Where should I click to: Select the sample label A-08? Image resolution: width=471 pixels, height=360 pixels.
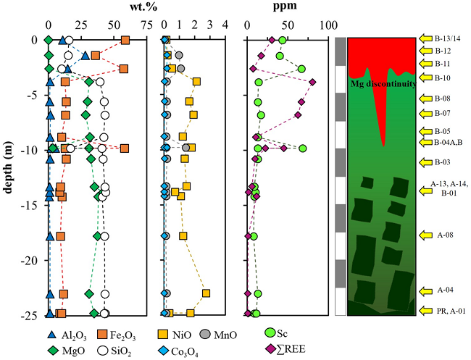click(443, 235)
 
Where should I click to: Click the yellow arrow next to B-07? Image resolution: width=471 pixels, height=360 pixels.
click(425, 114)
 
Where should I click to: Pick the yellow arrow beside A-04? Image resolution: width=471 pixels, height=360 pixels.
click(425, 291)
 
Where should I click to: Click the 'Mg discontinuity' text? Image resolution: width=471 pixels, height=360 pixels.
click(383, 83)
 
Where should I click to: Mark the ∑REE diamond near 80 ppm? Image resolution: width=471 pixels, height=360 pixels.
click(312, 82)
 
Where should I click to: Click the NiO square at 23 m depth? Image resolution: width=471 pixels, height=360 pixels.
click(207, 293)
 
